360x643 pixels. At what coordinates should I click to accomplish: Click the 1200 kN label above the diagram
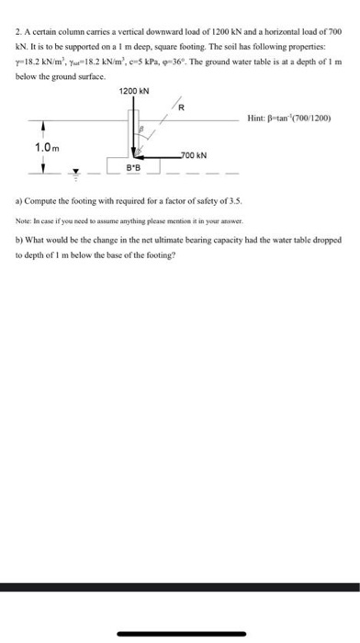134,90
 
